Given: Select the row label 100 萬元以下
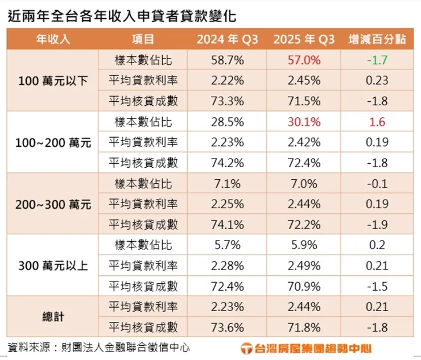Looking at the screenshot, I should click(53, 80).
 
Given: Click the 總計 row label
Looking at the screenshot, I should click(53, 317).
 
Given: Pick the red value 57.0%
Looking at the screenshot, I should click(304, 60).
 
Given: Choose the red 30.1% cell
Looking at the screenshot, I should click(304, 122).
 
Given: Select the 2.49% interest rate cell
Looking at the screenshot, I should click(304, 266).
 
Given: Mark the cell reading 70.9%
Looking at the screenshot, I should click(304, 287).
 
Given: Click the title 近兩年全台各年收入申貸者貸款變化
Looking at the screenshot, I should click(122, 15).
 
